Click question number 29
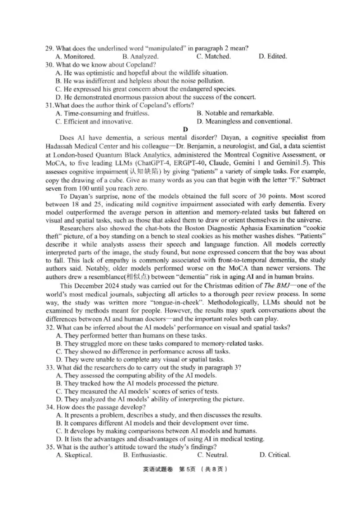49,48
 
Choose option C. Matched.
213,56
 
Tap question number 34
49,407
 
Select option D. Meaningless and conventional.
244,121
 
